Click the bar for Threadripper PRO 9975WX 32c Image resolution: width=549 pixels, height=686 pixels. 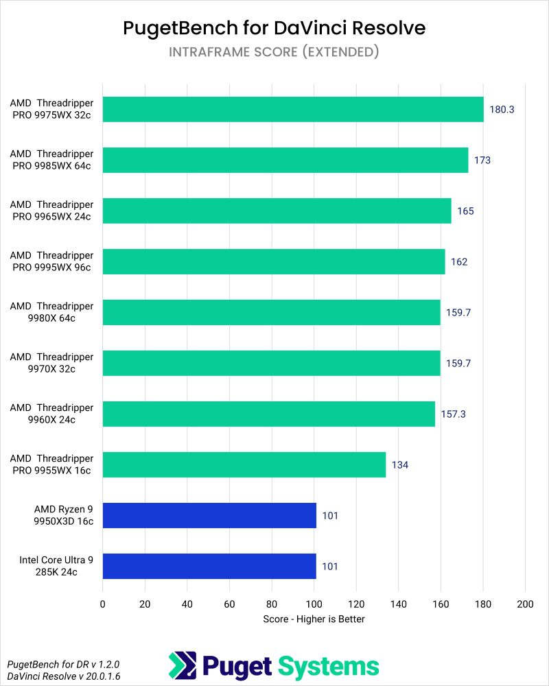(293, 109)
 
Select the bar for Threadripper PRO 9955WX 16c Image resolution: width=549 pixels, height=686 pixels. (244, 464)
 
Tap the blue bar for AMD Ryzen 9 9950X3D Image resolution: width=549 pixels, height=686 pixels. (209, 515)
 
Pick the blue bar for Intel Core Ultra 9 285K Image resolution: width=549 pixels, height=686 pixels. (209, 566)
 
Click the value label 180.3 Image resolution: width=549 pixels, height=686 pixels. (502, 109)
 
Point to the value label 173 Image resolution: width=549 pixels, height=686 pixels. (482, 160)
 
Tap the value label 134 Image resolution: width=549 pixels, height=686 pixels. (400, 464)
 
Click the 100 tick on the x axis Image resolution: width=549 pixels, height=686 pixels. (314, 604)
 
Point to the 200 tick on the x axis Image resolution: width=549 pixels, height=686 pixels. (525, 604)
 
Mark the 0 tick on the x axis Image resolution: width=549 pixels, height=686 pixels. (103, 604)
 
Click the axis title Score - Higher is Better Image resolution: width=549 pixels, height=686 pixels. (314, 619)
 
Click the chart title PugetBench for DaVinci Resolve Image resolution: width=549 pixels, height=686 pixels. (274, 27)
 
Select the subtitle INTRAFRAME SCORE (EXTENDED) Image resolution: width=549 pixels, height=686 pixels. (274, 52)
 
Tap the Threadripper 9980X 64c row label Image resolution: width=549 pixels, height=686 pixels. (51, 312)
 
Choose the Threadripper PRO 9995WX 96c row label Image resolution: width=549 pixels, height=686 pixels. (51, 261)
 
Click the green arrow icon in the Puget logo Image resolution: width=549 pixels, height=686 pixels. (183, 665)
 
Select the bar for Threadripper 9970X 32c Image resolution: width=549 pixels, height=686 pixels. (271, 363)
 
